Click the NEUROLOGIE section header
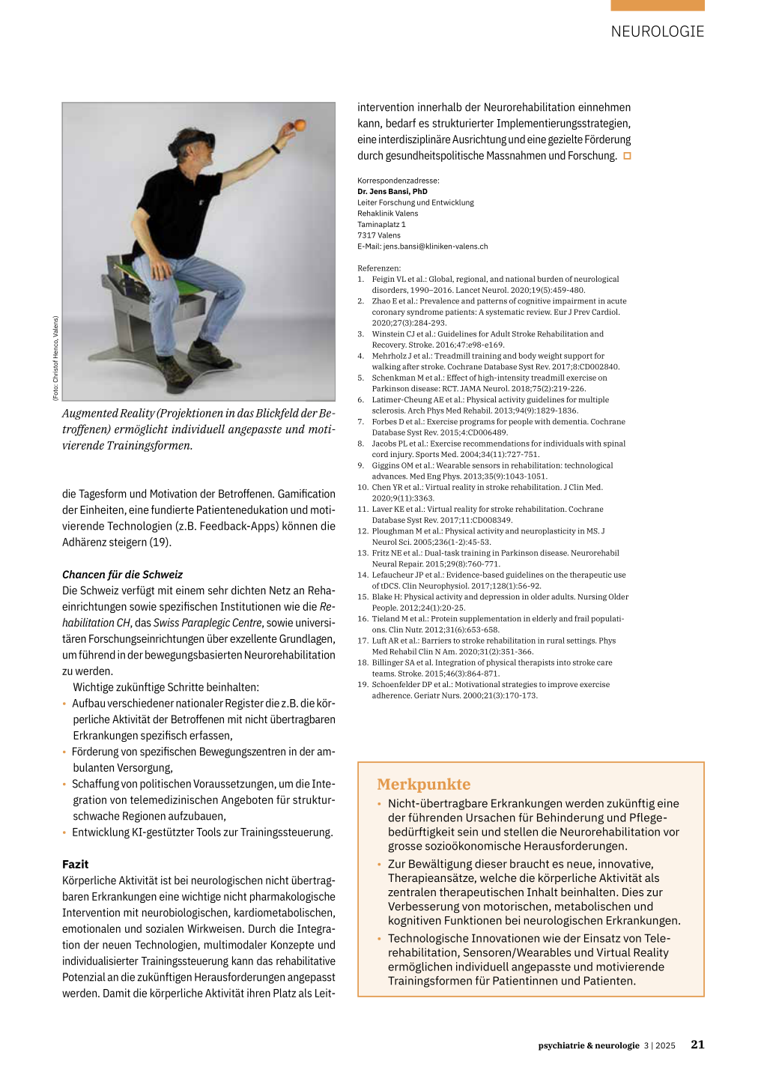657,31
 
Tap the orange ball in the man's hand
300,125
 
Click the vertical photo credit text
55,358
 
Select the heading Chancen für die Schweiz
122,575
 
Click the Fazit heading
76,864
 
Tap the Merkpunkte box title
424,785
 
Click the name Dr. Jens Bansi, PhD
392,192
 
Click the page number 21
697,1045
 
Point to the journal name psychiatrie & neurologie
589,1045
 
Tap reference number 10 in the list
363,487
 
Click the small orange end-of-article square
628,156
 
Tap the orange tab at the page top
657,5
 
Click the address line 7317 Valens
379,235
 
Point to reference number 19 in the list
363,685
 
